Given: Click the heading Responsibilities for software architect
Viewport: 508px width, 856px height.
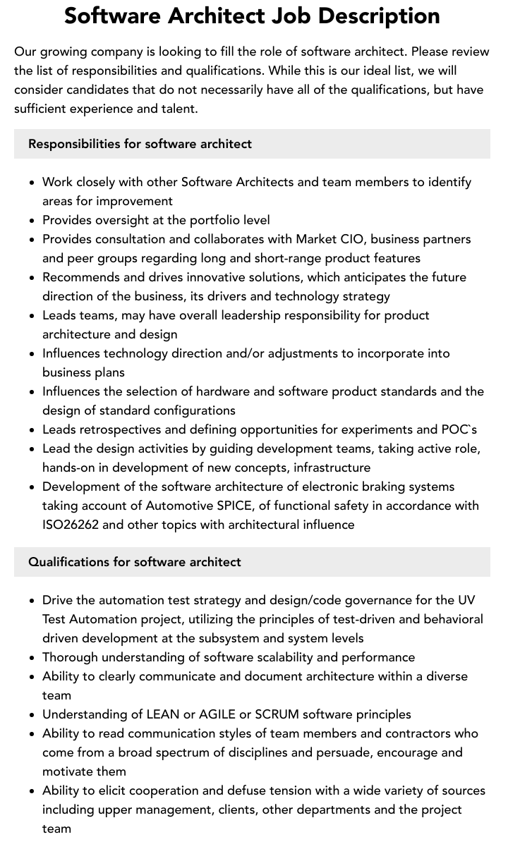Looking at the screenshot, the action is pos(140,144).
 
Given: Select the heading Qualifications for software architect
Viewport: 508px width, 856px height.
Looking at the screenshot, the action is pos(135,562).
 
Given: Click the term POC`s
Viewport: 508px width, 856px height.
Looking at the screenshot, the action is pos(459,429).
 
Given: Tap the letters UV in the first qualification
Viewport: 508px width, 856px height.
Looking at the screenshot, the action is pos(466,600).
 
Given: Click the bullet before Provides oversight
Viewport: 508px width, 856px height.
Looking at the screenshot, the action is pos(32,221).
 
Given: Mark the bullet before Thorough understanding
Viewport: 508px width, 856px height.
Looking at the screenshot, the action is pos(32,658).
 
